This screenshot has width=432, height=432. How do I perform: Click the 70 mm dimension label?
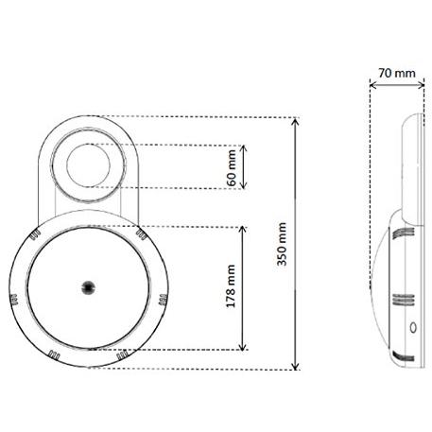click(397, 73)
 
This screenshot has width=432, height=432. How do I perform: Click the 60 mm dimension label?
click(232, 168)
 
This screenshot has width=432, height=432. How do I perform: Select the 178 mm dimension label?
click(231, 286)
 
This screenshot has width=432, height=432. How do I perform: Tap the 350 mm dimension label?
click(282, 244)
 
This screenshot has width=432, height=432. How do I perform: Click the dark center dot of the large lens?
click(88, 287)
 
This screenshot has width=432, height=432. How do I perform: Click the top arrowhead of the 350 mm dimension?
click(295, 121)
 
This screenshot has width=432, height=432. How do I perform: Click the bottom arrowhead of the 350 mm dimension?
click(295, 366)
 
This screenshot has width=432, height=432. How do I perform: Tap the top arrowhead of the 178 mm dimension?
click(242, 230)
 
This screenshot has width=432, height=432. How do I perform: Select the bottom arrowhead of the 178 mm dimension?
click(242, 346)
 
